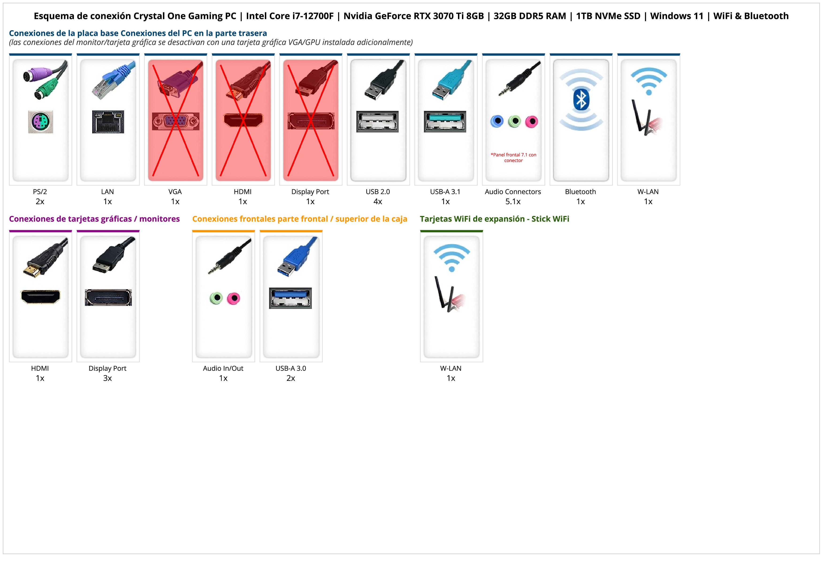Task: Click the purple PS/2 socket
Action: coord(41,122)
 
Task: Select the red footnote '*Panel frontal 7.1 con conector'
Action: coord(513,157)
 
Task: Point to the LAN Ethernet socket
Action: coord(108,122)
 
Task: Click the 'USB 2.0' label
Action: coord(378,191)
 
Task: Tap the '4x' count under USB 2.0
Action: coord(378,202)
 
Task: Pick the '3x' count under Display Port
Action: coord(107,378)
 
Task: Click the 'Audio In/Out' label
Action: coord(223,368)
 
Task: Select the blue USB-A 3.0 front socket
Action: coord(290,298)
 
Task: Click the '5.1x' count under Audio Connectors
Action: coord(513,202)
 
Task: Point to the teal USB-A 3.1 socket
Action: coord(445,121)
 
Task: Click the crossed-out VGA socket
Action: coord(175,121)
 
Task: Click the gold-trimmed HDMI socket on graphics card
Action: coord(41,297)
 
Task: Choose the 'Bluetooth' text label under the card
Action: coord(580,191)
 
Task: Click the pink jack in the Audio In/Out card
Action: coord(234,298)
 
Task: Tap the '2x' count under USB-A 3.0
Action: coord(291,378)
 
